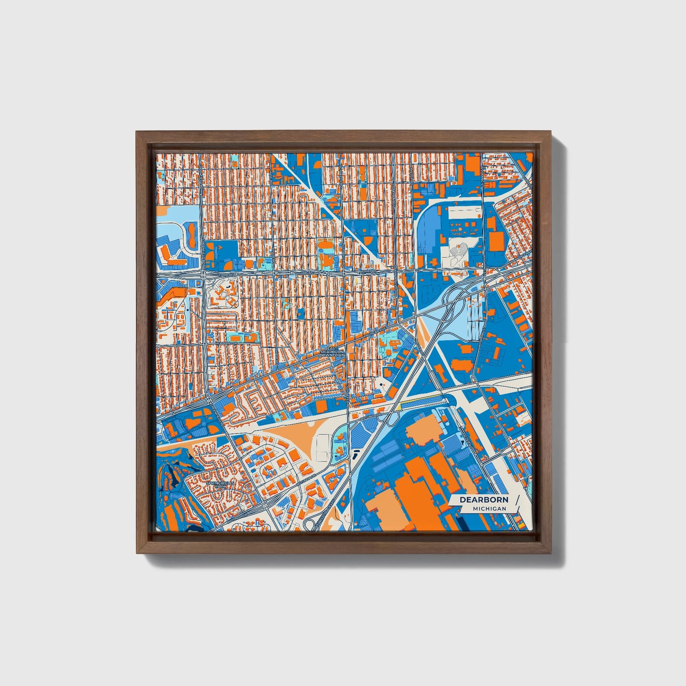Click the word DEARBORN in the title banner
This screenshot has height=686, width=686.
click(484, 499)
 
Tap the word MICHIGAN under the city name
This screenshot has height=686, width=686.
click(489, 508)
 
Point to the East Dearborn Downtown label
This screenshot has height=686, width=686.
click(332, 351)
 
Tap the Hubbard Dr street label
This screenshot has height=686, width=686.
click(226, 343)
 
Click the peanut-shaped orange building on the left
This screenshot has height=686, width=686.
click(192, 235)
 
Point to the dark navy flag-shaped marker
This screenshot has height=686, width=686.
click(356, 454)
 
